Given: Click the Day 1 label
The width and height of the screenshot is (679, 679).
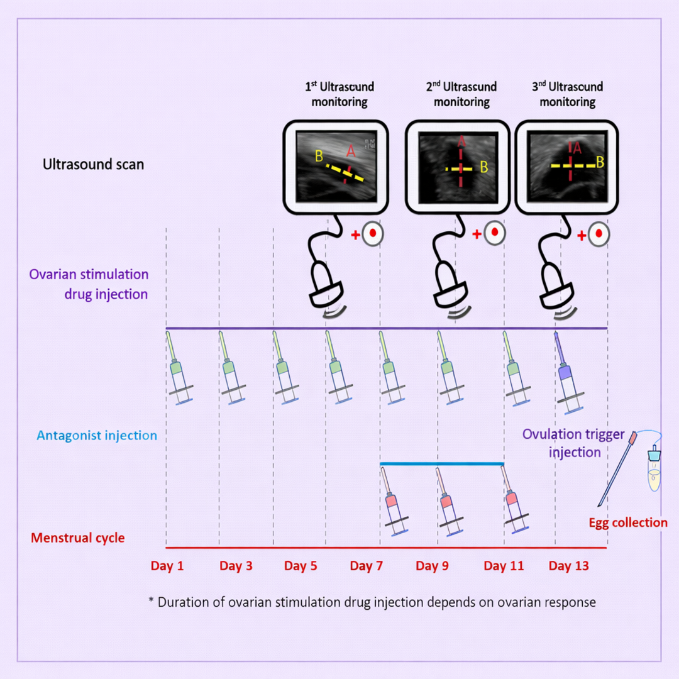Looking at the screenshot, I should tap(167, 566).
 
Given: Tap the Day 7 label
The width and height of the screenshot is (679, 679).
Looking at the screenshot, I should tap(366, 566).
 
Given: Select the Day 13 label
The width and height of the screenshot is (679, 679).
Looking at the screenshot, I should tap(569, 566).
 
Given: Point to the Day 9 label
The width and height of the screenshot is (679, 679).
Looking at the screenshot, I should tap(432, 566).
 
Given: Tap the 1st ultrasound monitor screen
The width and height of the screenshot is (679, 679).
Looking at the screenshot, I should tap(335, 167).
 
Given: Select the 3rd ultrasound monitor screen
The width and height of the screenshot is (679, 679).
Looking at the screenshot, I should tap(566, 166).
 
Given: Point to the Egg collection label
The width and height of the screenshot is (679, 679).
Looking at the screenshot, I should tap(628, 522).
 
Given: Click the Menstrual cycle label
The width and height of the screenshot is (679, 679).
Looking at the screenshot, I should tap(78, 538).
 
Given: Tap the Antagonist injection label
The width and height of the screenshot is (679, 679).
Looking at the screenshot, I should tap(97, 435).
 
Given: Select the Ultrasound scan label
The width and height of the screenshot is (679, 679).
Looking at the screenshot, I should tap(93, 165).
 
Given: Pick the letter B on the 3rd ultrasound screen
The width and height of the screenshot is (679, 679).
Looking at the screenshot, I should tap(600, 162).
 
